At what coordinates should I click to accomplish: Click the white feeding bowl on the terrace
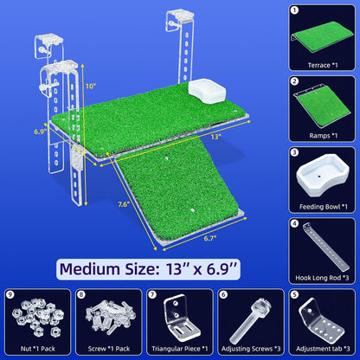tap(207, 92)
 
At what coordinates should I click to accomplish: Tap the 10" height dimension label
tap(91, 87)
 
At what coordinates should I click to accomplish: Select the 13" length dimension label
tap(215, 137)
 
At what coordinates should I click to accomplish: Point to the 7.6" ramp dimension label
tap(124, 204)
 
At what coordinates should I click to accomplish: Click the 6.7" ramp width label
tap(210, 238)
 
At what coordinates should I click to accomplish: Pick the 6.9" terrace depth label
tap(41, 132)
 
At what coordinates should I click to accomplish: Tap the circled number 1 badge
tap(294, 10)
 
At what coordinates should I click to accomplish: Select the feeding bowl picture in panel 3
tap(322, 175)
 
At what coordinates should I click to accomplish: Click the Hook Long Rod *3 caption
tap(322, 278)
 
